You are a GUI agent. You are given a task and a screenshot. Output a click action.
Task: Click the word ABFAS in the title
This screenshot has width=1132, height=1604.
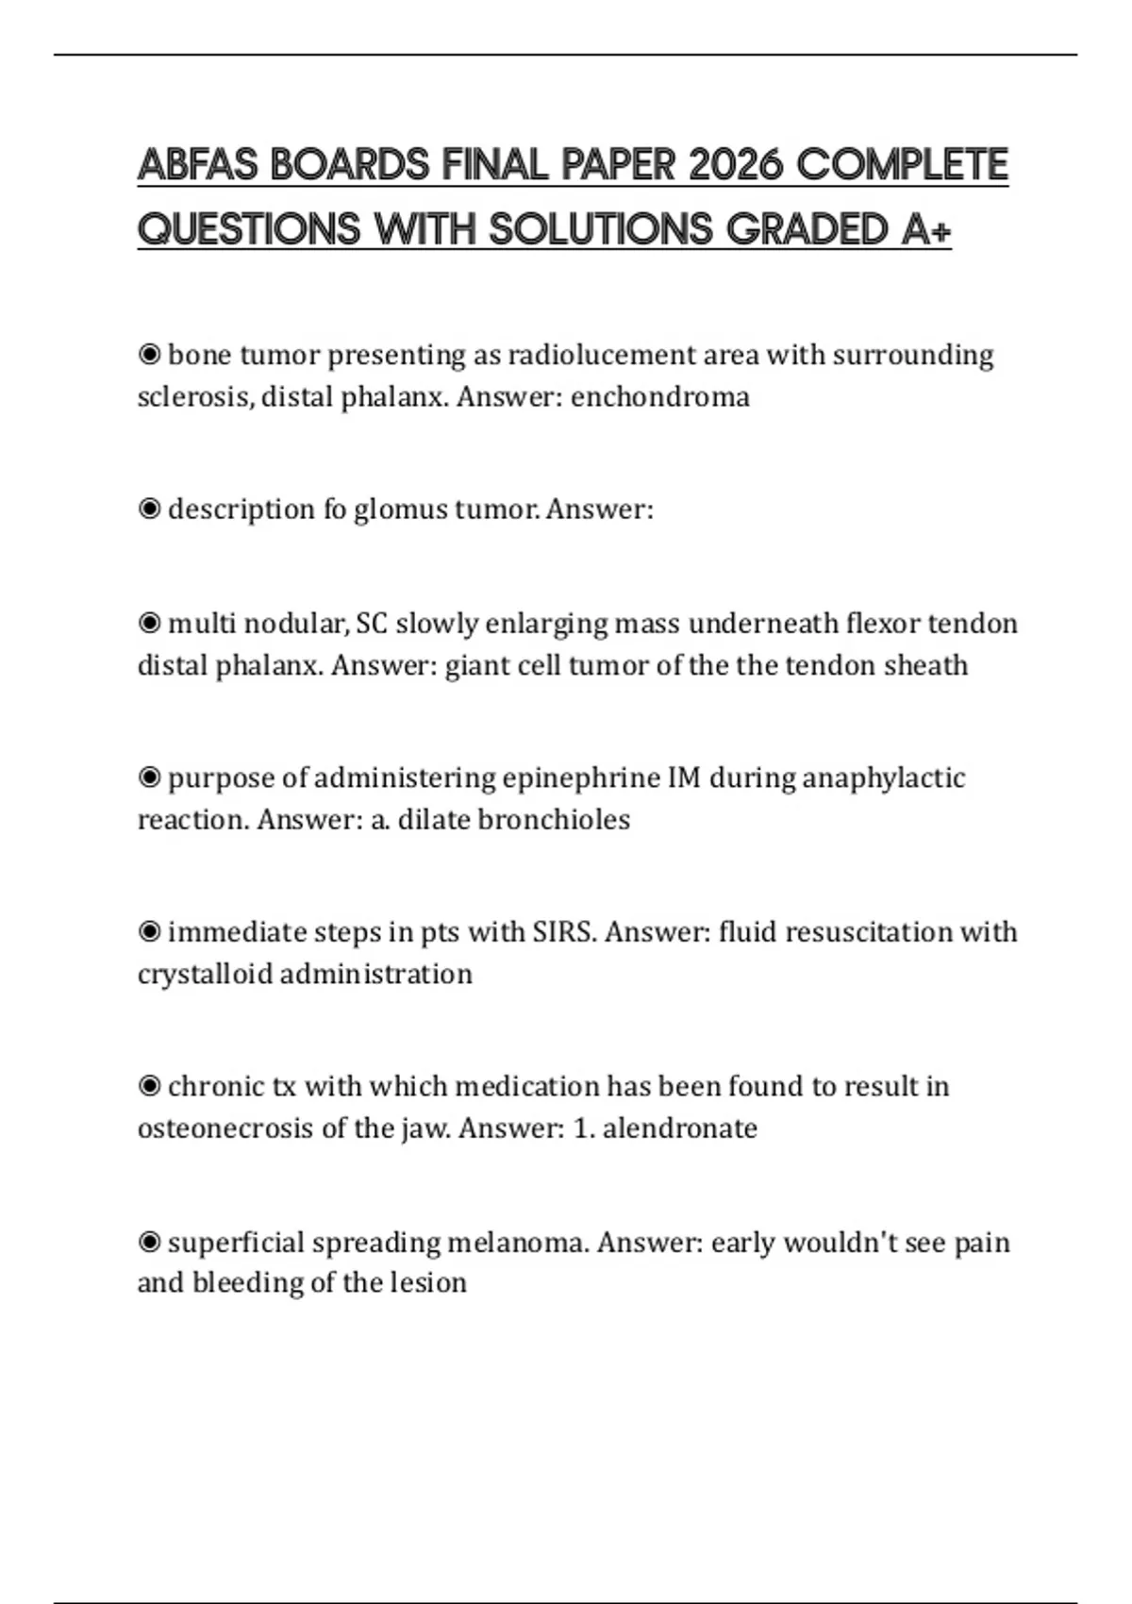[x=197, y=165]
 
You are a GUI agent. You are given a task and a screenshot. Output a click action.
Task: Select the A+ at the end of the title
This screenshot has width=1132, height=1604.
[x=925, y=229]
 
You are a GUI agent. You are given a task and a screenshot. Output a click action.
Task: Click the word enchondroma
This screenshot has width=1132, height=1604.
[x=659, y=397]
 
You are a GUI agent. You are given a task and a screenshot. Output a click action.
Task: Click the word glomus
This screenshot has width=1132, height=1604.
[x=400, y=510]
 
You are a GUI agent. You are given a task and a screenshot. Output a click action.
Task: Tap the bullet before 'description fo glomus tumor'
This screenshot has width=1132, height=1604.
[x=149, y=510]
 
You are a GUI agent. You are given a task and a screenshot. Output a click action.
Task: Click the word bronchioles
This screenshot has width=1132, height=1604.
[x=554, y=819]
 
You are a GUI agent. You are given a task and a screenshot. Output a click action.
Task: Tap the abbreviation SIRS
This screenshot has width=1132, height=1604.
[x=564, y=932]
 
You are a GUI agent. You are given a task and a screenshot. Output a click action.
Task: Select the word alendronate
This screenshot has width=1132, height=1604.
[x=679, y=1128]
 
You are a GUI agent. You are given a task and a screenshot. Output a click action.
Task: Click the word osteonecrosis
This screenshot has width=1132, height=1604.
[x=225, y=1128]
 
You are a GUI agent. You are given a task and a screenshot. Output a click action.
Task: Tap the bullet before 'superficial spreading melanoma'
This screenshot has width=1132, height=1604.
[x=149, y=1243]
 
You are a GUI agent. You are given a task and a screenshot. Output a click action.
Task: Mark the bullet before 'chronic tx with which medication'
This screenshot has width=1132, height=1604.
[x=149, y=1087]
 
